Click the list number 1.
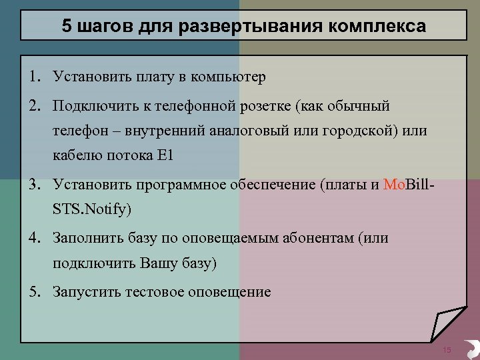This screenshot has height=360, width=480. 33,77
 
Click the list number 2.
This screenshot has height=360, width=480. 33,105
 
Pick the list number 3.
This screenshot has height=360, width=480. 33,184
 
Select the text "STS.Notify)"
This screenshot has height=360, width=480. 93,209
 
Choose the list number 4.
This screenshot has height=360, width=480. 33,238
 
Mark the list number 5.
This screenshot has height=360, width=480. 33,292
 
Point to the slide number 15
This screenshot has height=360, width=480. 447,351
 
